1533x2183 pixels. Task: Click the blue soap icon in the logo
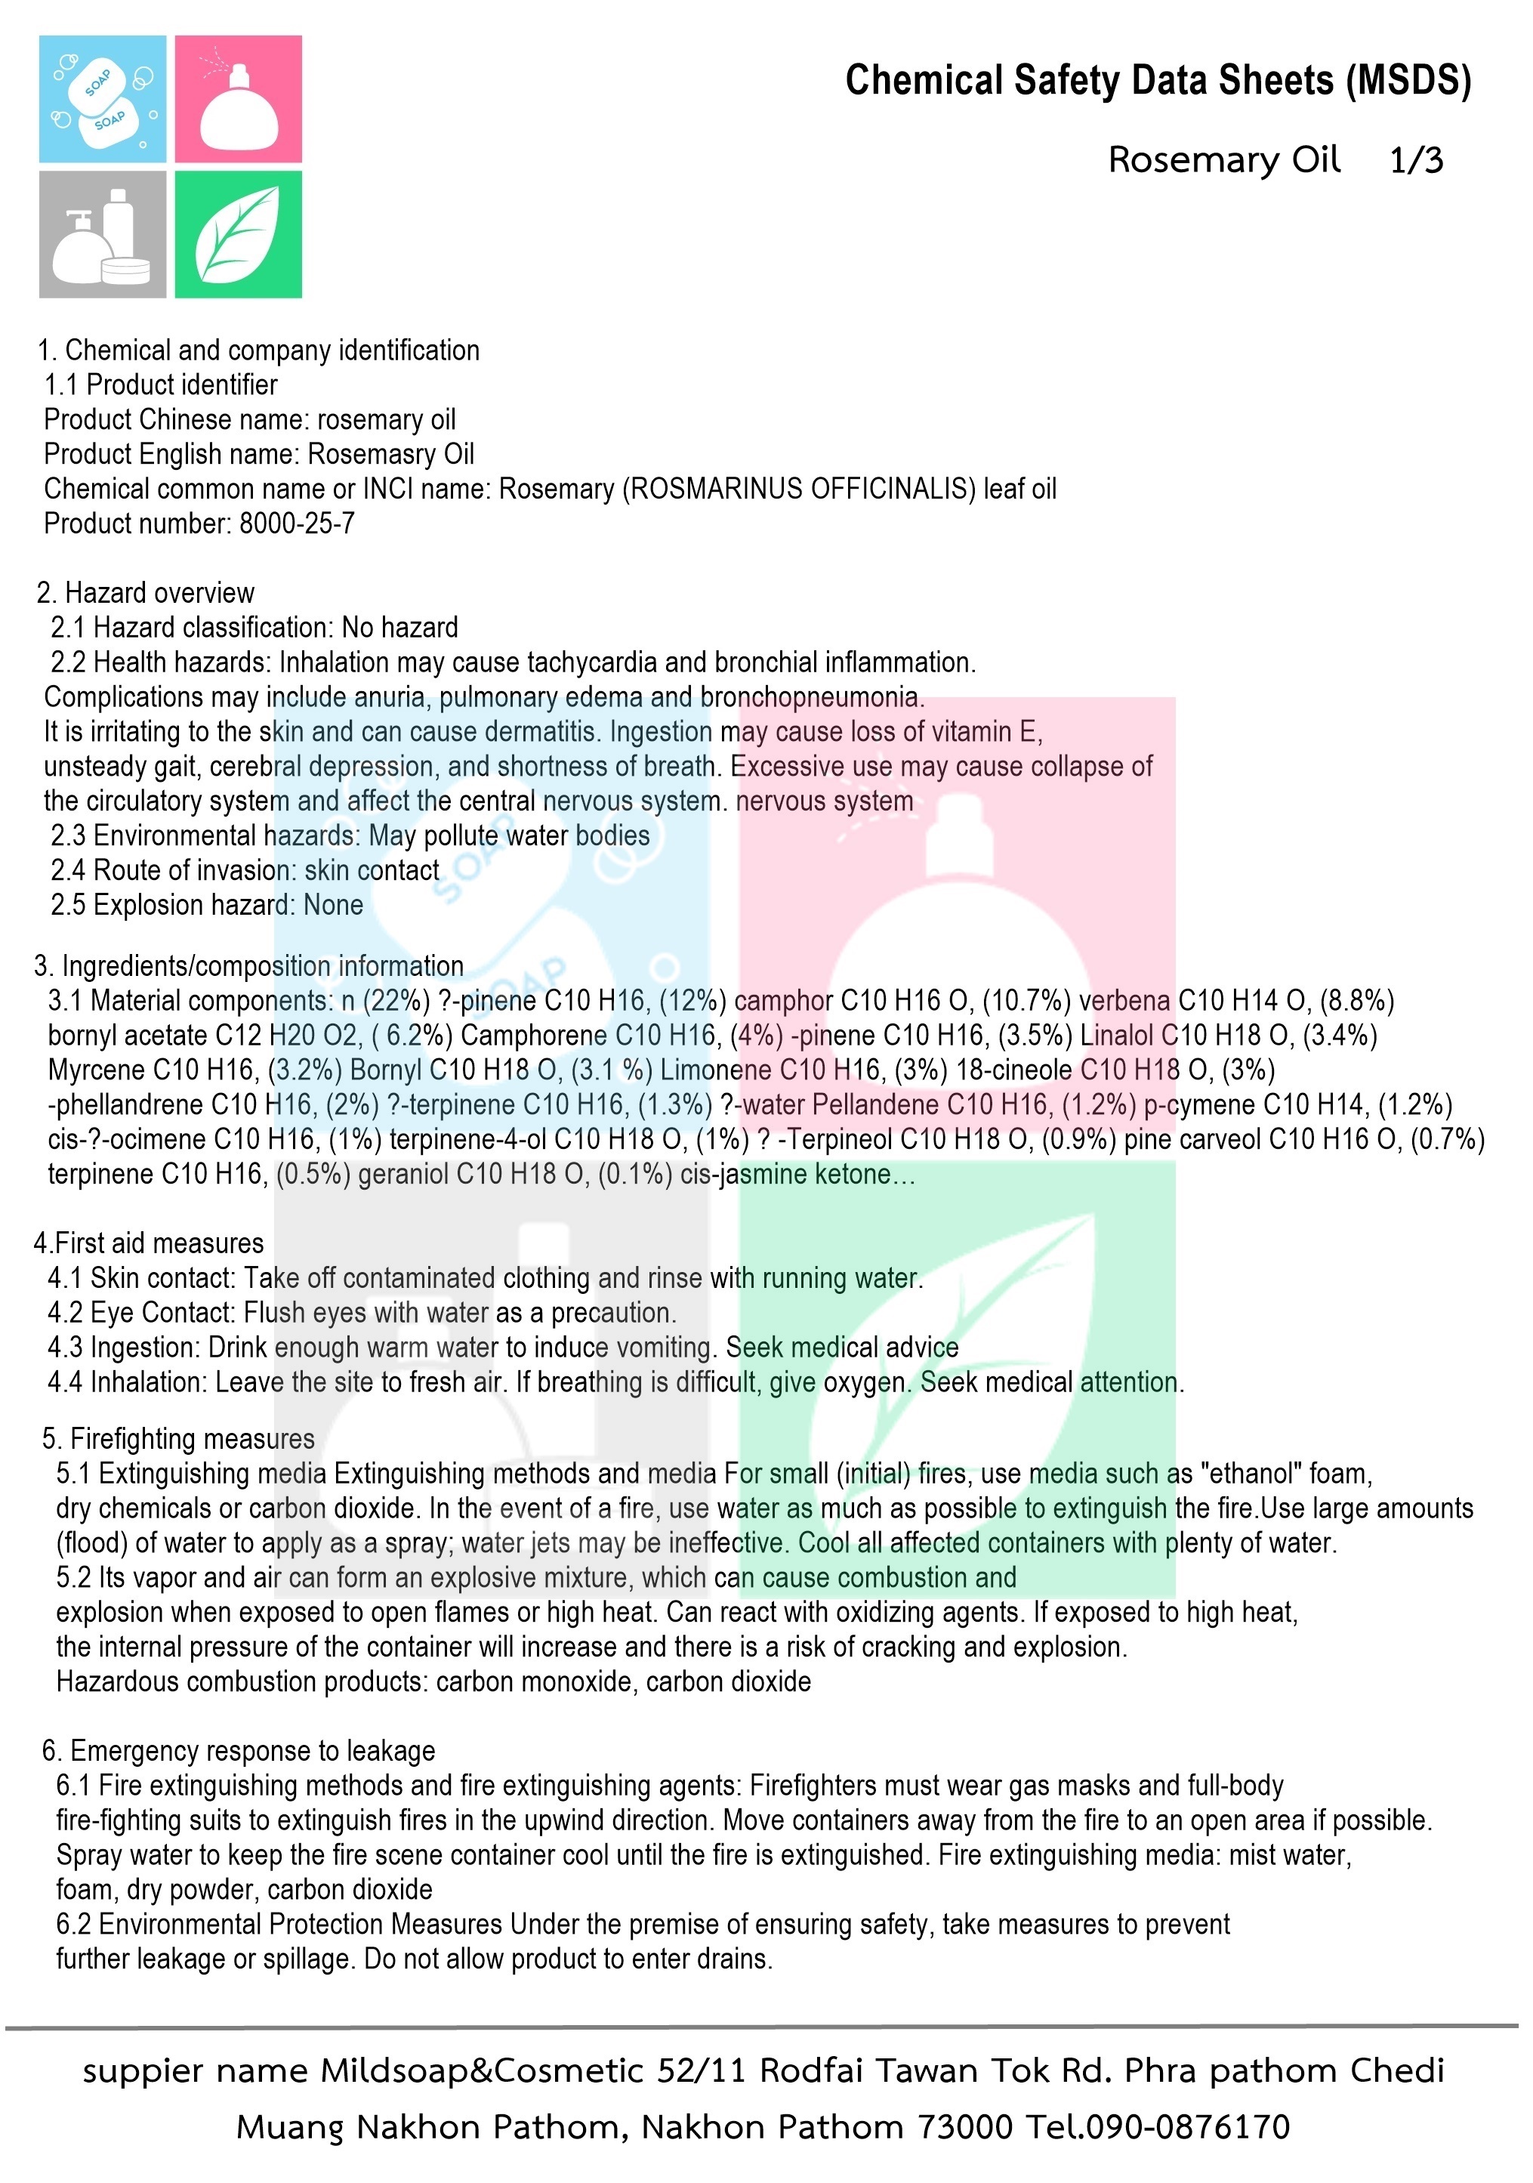coord(103,99)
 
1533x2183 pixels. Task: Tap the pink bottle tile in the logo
coord(239,99)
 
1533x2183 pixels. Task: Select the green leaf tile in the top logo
coord(239,234)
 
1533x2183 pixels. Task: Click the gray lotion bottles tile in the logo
coord(103,234)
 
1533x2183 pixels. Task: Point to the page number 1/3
coord(1415,161)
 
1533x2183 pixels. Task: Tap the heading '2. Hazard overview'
coord(146,592)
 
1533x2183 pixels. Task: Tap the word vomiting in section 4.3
coord(665,1348)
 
